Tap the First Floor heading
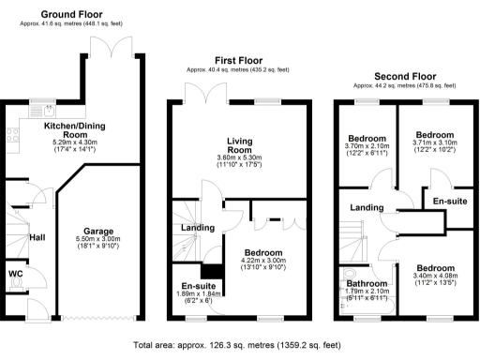tap(236, 60)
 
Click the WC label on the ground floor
tap(15, 274)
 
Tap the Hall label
tap(37, 239)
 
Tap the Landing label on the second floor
tap(365, 207)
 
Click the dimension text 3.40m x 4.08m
tap(435, 277)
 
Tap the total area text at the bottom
tap(236, 345)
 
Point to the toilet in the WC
tap(14, 288)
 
